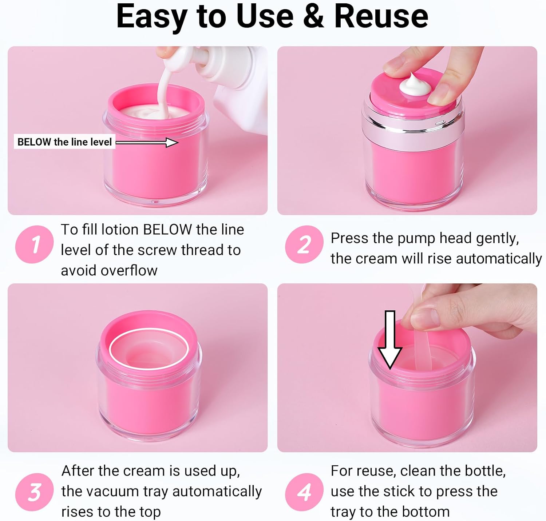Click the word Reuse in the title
click(x=381, y=16)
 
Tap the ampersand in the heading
click(x=313, y=16)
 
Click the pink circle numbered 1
click(x=35, y=244)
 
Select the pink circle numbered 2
click(x=304, y=244)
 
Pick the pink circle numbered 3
click(x=35, y=492)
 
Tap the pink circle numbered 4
click(x=304, y=492)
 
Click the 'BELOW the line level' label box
click(x=64, y=142)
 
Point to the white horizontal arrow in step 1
click(x=147, y=142)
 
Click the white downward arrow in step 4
click(x=390, y=340)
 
